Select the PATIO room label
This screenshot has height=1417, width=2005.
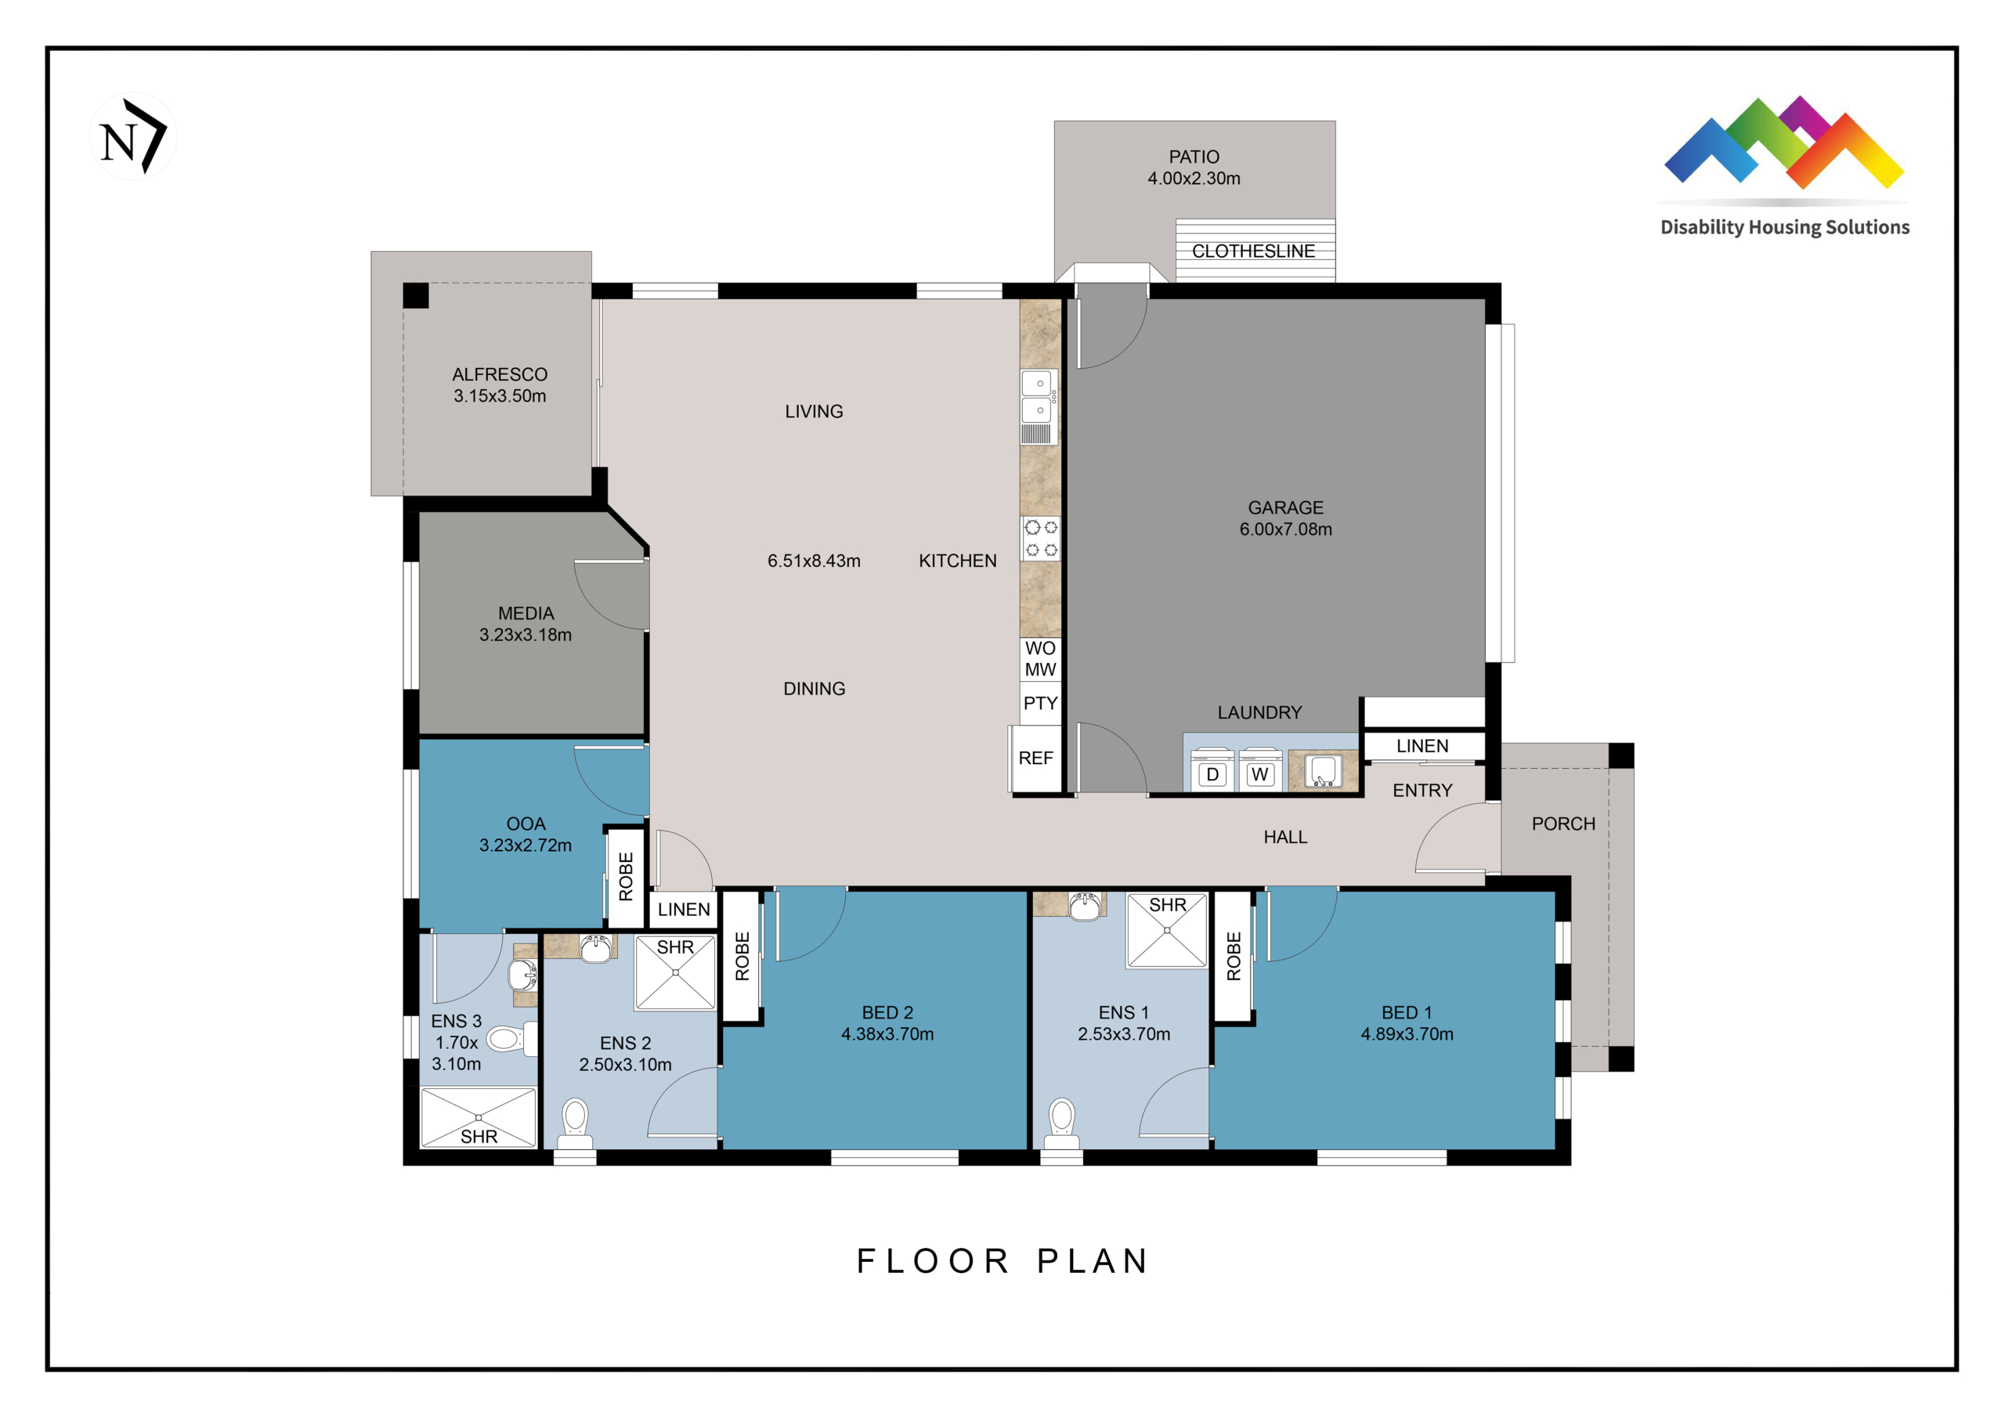pos(1194,157)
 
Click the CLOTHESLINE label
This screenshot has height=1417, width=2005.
pos(1253,251)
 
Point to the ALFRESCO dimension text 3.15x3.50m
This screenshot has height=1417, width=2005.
pos(500,396)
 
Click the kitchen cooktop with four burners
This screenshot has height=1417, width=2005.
pos(1041,539)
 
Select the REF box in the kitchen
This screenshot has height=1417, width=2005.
pos(1036,759)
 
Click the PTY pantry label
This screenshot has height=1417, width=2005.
pos(1040,704)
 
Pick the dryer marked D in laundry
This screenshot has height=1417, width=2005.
pos(1213,770)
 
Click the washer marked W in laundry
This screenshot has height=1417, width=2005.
pos(1260,770)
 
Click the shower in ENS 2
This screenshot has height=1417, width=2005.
pos(675,972)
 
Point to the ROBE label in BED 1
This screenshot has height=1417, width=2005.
pos(1234,956)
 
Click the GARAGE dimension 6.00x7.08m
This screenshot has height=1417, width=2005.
pos(1285,529)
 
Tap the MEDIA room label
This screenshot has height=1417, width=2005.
pos(526,614)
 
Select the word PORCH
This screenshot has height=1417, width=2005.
pos(1563,824)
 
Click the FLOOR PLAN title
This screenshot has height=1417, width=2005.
pos(1002,1260)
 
